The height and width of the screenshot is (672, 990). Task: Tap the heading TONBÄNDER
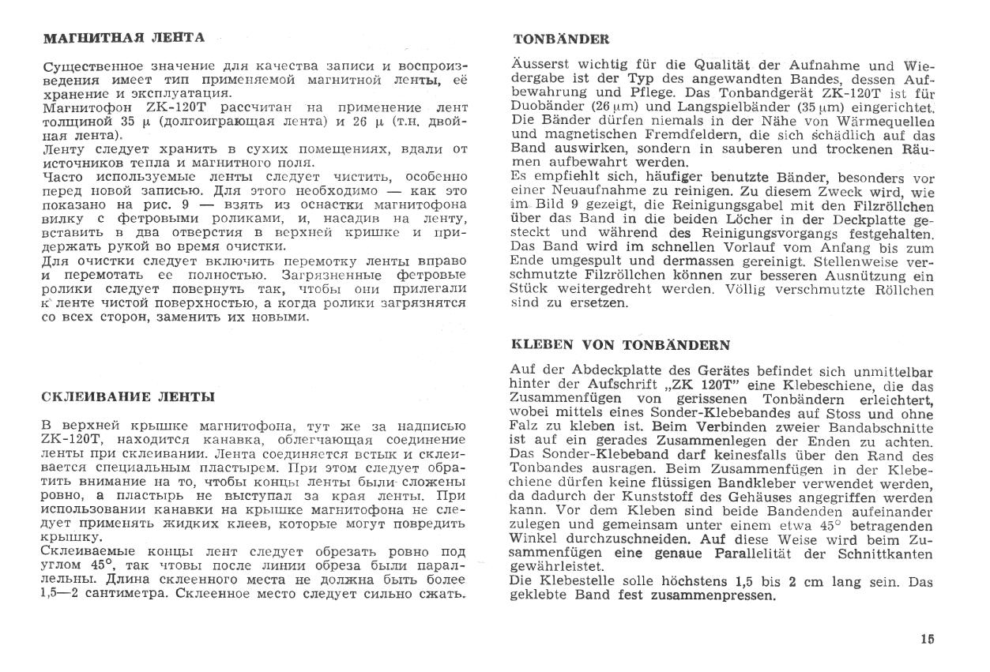(561, 38)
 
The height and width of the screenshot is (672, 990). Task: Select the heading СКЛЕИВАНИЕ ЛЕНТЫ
(127, 396)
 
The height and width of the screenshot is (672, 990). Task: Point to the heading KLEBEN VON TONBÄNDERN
(620, 344)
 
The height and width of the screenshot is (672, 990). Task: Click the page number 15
(927, 640)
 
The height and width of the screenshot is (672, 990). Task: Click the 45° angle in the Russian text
(115, 565)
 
